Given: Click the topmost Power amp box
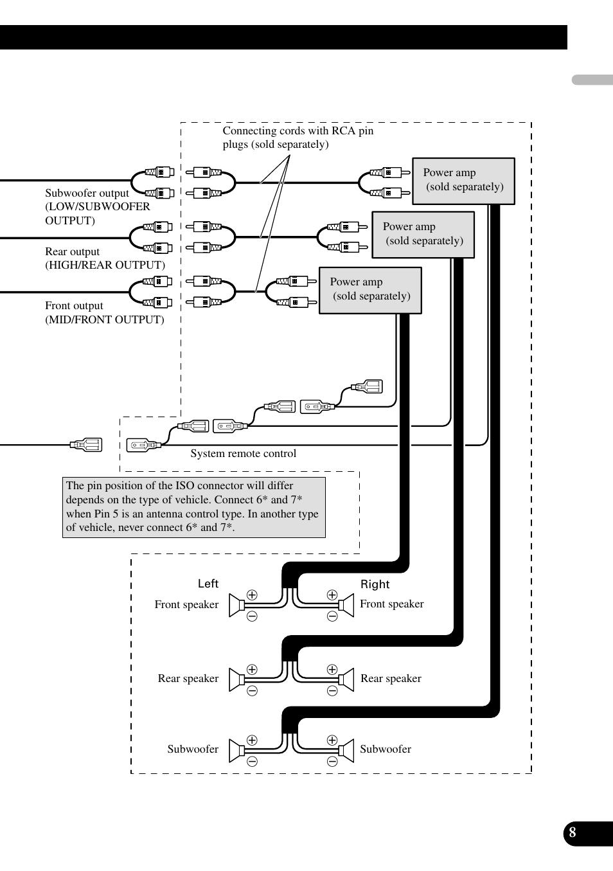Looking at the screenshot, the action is (x=463, y=181).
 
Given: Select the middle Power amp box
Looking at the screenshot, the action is (x=423, y=235).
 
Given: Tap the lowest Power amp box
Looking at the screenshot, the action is (x=370, y=291).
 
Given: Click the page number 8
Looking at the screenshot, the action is (x=572, y=832).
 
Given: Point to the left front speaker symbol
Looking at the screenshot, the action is (x=236, y=605).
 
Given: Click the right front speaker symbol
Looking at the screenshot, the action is (x=347, y=605).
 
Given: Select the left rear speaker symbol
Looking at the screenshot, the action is (x=236, y=679).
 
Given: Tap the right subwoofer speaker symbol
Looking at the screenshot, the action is (x=347, y=750).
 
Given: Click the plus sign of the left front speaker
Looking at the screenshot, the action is (x=252, y=595).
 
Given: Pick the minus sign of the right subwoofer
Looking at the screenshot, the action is (x=332, y=761).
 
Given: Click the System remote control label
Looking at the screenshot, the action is (x=243, y=453).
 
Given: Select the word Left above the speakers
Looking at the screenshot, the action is (x=208, y=584).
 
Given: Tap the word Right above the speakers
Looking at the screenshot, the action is (x=375, y=584).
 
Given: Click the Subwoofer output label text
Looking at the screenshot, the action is (x=98, y=206).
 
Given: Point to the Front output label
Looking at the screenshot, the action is (x=105, y=312).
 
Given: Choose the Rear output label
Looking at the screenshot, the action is (x=105, y=258).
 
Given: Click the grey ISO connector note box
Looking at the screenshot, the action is (x=194, y=507).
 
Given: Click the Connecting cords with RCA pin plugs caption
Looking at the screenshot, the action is (x=298, y=138).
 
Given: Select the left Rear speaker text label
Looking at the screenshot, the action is (x=188, y=678).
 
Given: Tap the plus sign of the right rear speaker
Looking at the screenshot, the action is (x=332, y=669).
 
